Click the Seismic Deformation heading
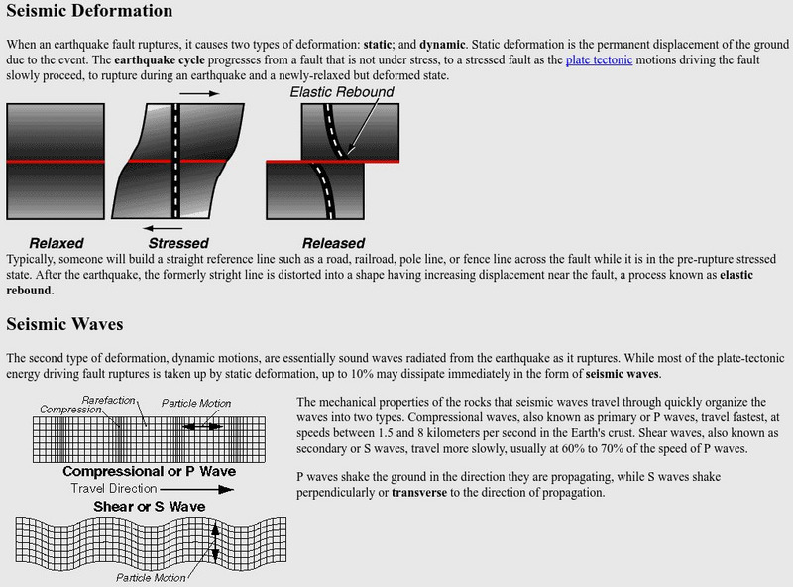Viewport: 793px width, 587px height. tap(90, 12)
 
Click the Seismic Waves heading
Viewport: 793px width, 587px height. tap(65, 324)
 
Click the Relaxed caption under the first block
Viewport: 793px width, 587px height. tap(57, 243)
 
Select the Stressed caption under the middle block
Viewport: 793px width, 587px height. tap(178, 243)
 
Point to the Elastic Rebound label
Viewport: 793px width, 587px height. tap(342, 92)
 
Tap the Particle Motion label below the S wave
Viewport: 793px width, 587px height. tap(151, 577)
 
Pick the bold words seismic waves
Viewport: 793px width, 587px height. tap(623, 375)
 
